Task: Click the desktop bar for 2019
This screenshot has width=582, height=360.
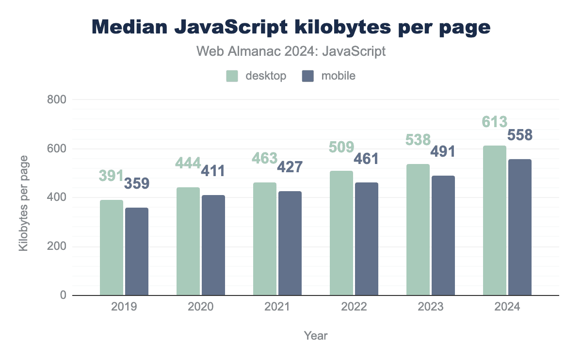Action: (112, 247)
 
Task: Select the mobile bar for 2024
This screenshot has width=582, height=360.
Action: (520, 227)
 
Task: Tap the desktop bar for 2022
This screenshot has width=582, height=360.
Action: (341, 233)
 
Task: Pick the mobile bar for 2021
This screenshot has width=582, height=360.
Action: (290, 243)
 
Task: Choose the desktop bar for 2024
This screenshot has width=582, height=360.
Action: (495, 220)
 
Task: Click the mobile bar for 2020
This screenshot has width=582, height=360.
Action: (213, 245)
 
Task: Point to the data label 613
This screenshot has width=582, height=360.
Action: (495, 122)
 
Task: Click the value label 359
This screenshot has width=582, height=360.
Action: (137, 184)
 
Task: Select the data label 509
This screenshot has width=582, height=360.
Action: (341, 146)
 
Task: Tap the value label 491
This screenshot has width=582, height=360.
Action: (443, 152)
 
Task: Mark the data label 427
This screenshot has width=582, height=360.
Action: (290, 167)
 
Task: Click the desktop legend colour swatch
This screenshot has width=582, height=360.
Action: (232, 76)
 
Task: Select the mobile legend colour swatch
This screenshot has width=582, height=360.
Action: (307, 76)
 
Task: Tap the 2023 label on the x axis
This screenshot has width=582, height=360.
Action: (431, 307)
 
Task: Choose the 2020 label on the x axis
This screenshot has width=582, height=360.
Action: (201, 307)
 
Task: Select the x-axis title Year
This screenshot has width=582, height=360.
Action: (315, 335)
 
